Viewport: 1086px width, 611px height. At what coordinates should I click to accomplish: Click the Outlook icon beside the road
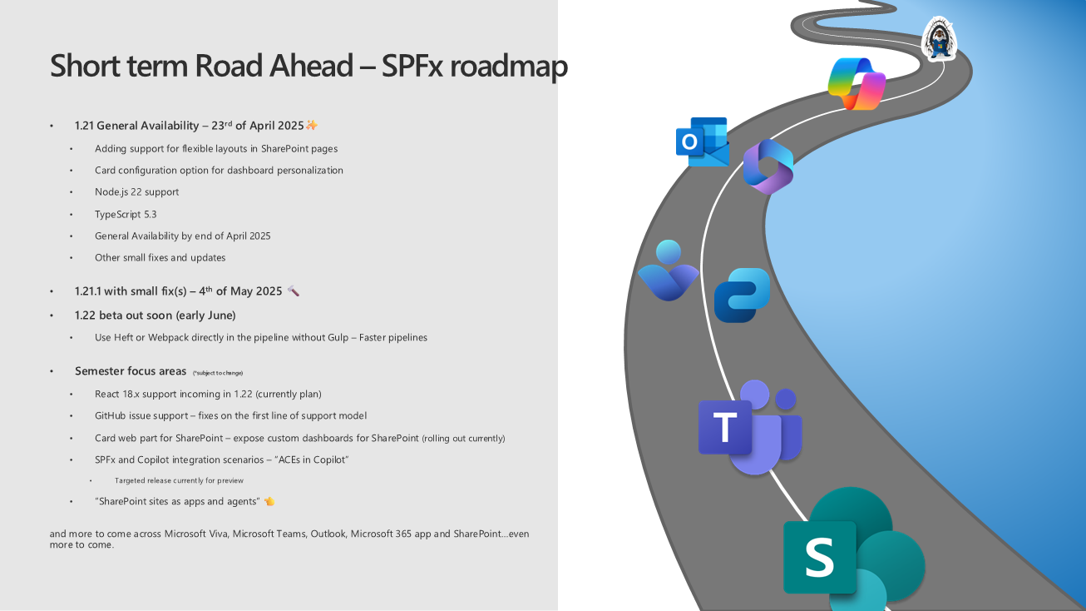[x=702, y=142]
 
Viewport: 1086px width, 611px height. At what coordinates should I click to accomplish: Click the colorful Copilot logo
[x=856, y=83]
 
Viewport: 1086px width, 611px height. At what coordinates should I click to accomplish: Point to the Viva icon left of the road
[x=668, y=271]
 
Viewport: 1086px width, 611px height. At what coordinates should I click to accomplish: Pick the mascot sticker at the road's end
[x=940, y=40]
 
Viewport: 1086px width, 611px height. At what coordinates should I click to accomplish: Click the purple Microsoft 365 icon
[x=768, y=166]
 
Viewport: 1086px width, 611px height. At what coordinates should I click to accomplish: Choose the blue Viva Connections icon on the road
[x=742, y=295]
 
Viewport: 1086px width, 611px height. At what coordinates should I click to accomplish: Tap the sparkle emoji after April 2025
[x=312, y=126]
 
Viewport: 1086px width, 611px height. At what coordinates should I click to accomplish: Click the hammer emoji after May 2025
[x=293, y=291]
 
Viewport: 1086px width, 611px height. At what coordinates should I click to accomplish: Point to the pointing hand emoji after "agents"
[x=269, y=501]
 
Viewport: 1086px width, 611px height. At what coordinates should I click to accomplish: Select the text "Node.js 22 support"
[x=136, y=191]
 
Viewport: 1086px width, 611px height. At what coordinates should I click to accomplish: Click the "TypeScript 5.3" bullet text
[x=126, y=214]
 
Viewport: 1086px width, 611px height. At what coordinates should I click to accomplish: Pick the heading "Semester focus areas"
[x=131, y=371]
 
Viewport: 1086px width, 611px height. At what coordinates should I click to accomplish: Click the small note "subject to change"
[x=217, y=373]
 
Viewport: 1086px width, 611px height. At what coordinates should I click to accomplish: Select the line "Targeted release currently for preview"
[x=179, y=480]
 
